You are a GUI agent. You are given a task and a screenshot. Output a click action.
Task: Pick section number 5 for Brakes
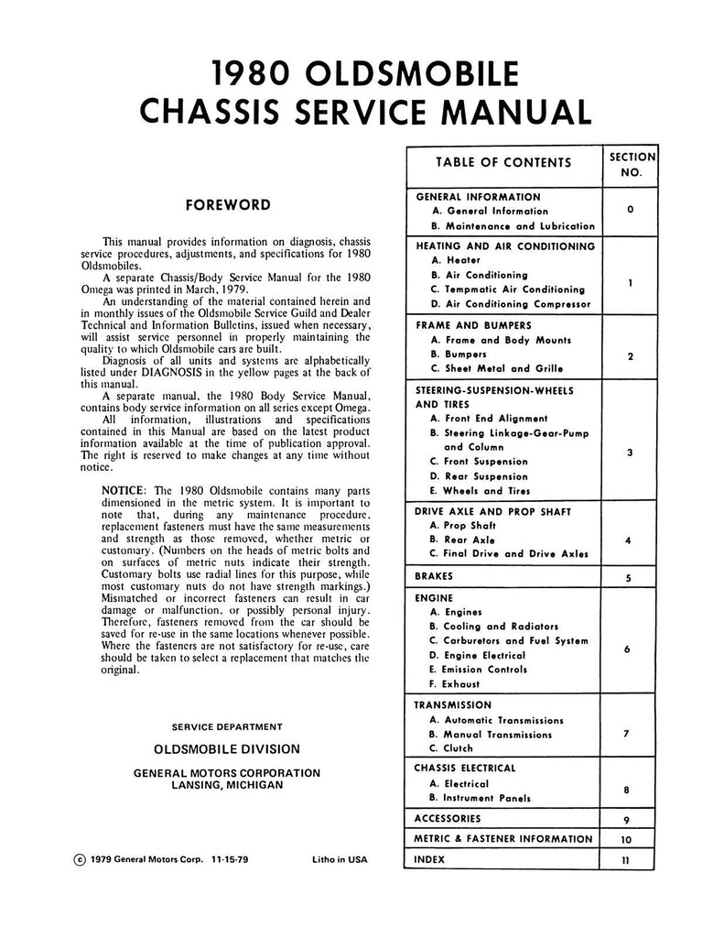[x=628, y=578]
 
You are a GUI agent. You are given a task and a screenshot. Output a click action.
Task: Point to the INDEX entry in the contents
[x=430, y=860]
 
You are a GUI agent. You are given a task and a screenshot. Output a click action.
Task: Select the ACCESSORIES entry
[x=448, y=818]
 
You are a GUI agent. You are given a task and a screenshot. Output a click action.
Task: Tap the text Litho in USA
[x=338, y=860]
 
